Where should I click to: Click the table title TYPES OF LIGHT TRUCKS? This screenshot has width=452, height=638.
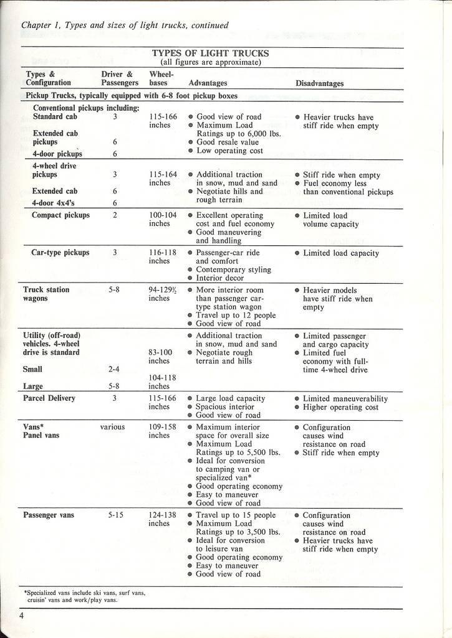tap(210, 54)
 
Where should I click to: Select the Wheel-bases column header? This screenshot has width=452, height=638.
tap(162, 78)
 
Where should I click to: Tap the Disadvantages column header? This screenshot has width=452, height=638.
tap(319, 83)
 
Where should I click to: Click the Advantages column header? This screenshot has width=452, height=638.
tap(208, 83)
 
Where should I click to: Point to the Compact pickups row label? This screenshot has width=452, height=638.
tap(60, 215)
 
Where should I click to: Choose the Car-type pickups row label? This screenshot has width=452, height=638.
tap(60, 253)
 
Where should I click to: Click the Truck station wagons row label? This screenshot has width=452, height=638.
tap(46, 294)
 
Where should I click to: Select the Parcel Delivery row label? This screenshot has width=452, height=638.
tap(49, 398)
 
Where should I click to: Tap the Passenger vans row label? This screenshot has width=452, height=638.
tap(49, 515)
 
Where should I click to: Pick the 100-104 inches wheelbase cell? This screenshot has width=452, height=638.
tap(163, 219)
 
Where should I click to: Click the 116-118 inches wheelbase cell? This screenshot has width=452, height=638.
tap(163, 257)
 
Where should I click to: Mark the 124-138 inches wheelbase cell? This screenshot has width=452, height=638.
tap(163, 519)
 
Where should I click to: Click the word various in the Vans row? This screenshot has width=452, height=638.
tap(112, 427)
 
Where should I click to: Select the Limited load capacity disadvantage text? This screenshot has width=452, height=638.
tap(340, 253)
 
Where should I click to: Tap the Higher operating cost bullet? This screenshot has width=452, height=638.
tap(340, 407)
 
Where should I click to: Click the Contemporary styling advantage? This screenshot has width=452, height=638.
tap(233, 270)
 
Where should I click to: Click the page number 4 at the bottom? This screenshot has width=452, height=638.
tap(21, 616)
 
